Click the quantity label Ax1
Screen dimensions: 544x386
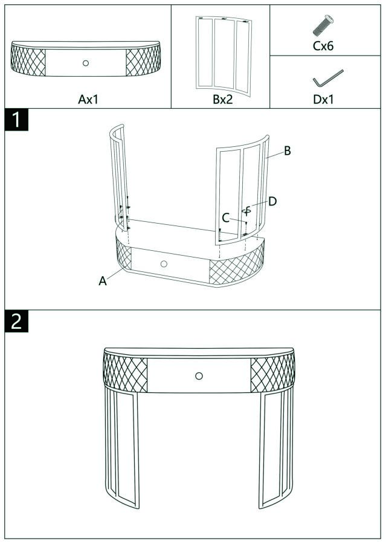[88, 99]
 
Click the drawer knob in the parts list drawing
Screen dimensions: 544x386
[85, 63]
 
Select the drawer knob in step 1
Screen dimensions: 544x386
[164, 264]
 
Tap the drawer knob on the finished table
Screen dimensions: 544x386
[199, 376]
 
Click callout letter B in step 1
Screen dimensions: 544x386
[288, 151]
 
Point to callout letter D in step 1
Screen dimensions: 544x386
[272, 201]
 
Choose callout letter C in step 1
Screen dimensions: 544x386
[225, 218]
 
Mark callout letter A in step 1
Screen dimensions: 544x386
[103, 281]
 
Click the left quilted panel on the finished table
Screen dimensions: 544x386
[125, 370]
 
